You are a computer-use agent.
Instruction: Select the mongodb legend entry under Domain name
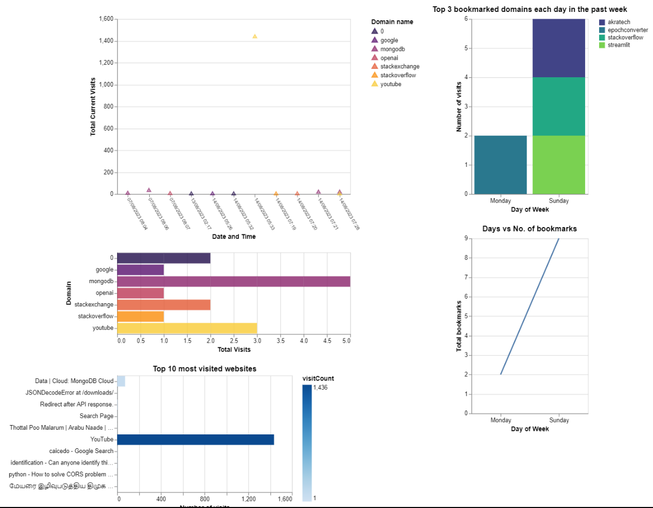click(x=392, y=49)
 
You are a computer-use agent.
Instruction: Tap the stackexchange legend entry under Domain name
click(x=399, y=66)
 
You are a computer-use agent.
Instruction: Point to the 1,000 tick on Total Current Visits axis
click(x=106, y=85)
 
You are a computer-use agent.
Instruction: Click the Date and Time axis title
click(x=234, y=236)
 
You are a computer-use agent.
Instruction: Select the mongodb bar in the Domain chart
click(x=234, y=281)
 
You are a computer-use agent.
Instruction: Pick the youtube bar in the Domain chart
click(x=187, y=328)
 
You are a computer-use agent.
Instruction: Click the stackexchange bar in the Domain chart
click(x=164, y=305)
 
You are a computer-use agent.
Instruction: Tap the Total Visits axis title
click(x=234, y=349)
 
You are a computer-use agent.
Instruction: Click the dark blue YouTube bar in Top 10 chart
click(x=196, y=440)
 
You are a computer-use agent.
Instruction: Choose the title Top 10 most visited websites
click(x=205, y=369)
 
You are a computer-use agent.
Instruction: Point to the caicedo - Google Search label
click(x=81, y=451)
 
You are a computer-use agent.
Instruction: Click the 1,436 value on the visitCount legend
click(x=320, y=388)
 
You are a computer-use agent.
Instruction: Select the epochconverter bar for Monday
click(x=500, y=165)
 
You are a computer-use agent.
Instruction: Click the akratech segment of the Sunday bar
click(x=559, y=48)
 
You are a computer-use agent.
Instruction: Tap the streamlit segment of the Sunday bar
click(x=559, y=165)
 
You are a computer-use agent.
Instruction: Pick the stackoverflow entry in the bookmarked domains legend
click(x=625, y=37)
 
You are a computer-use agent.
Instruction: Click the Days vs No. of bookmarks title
click(x=529, y=229)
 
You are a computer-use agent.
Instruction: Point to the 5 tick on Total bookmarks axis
click(x=466, y=316)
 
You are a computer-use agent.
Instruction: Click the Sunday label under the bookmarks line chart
click(x=559, y=420)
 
